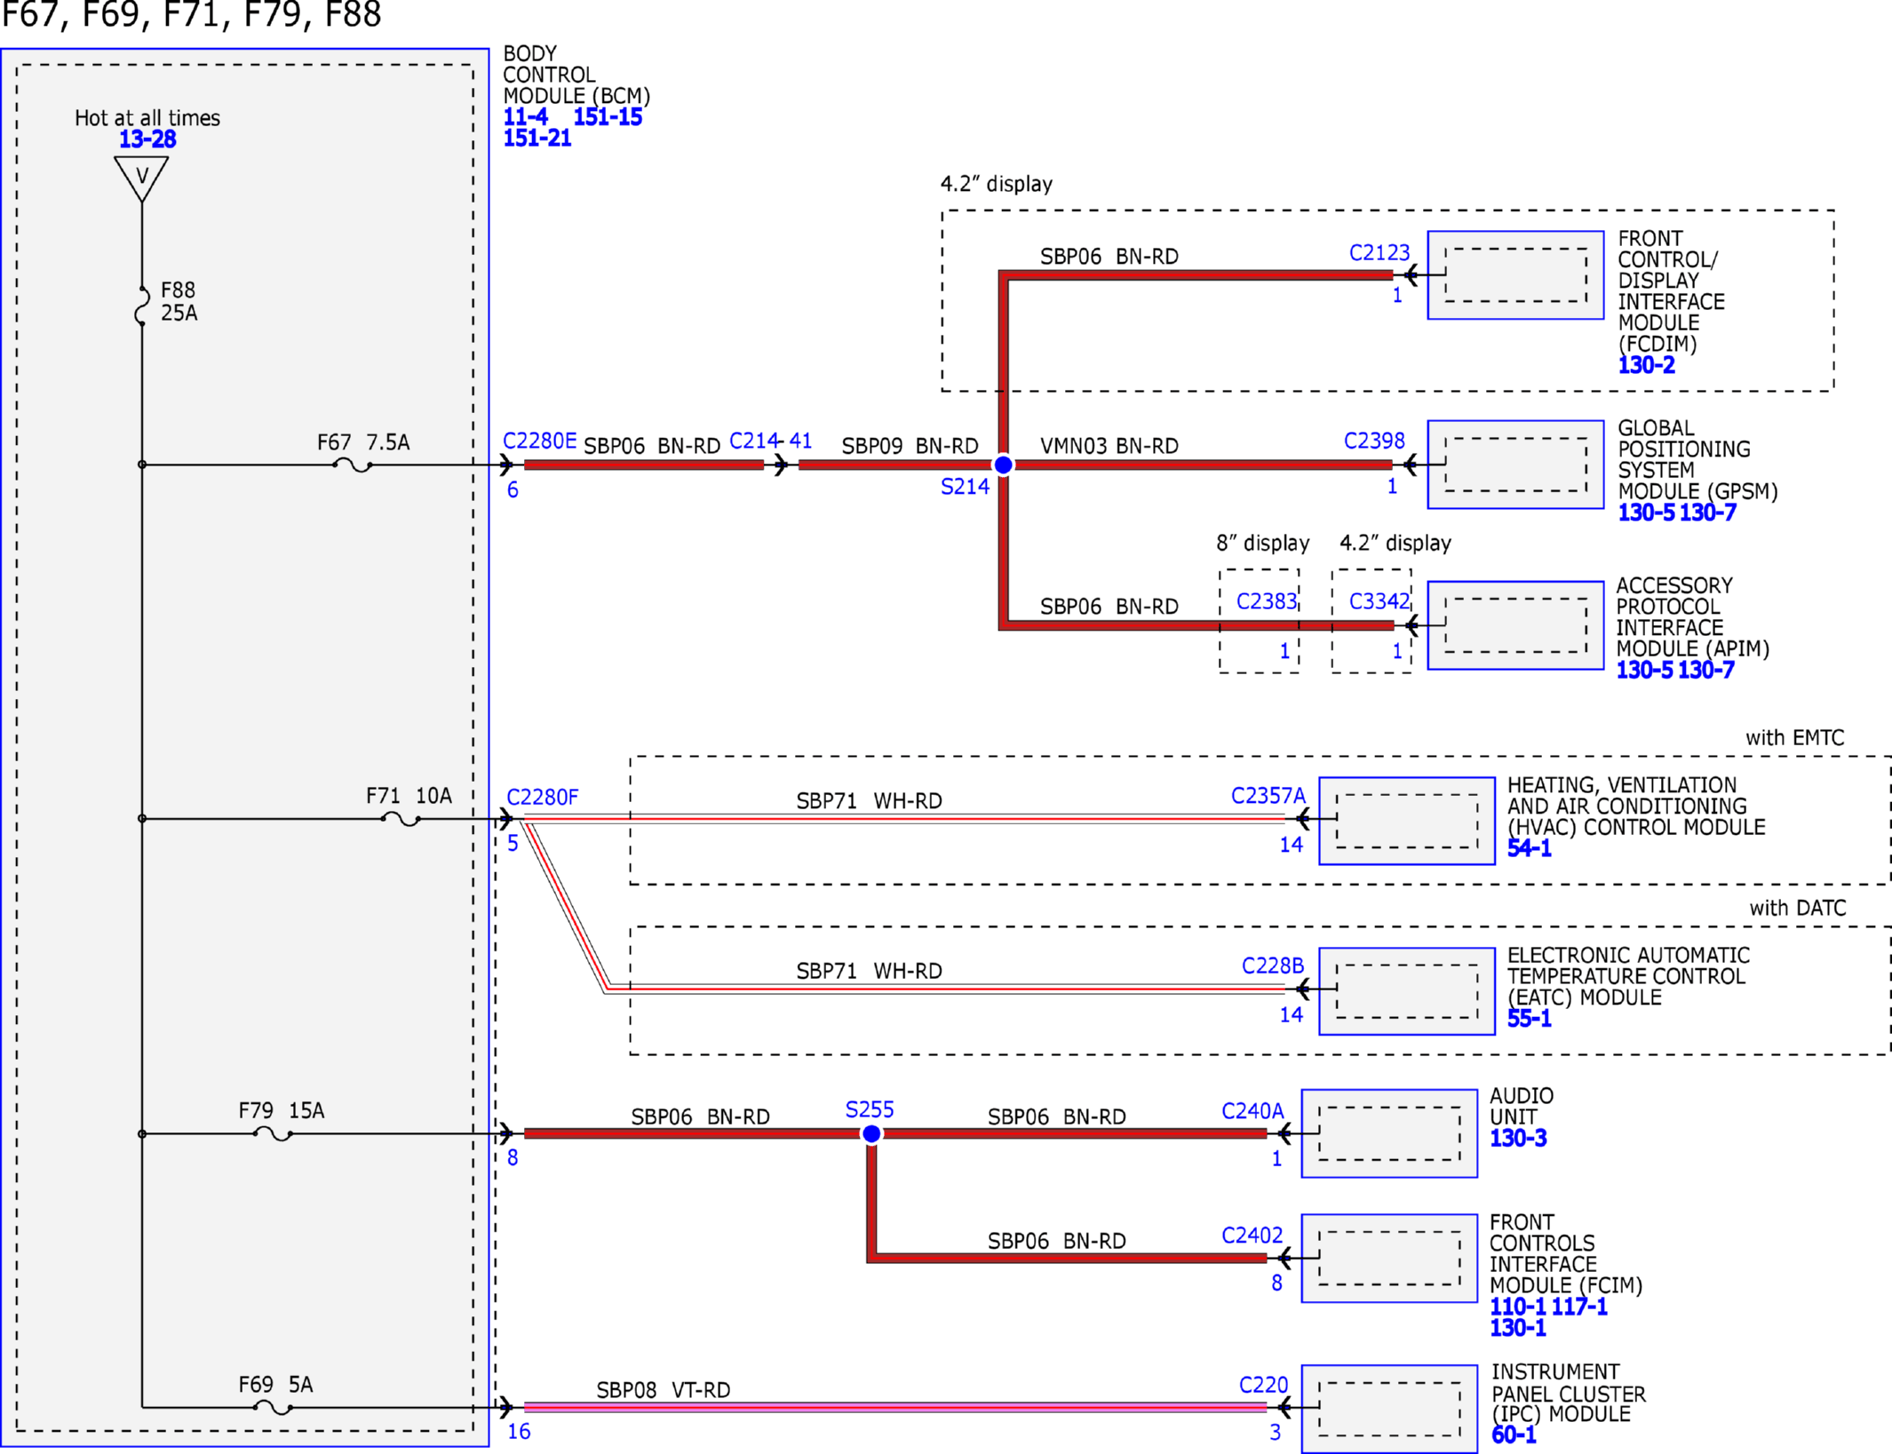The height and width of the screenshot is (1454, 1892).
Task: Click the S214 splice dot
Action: (x=1003, y=465)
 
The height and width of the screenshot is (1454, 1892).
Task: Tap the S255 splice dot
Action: (x=871, y=1133)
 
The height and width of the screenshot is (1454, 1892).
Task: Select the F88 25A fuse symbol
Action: (x=141, y=306)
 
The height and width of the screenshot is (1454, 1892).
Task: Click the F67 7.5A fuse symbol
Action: (x=353, y=465)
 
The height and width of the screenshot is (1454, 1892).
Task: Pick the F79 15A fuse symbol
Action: (x=273, y=1134)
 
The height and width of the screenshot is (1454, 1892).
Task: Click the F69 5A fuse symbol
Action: (x=273, y=1408)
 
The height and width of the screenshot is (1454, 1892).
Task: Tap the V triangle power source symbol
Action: (x=141, y=178)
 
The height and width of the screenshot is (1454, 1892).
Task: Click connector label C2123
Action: (x=1379, y=253)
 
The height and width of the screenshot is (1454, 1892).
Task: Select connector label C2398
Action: (x=1374, y=441)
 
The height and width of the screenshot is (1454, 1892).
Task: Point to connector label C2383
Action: (x=1267, y=602)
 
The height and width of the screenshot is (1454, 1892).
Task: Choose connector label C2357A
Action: (x=1268, y=796)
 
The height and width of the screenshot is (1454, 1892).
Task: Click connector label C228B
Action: (x=1273, y=966)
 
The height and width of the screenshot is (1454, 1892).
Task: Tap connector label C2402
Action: (x=1252, y=1236)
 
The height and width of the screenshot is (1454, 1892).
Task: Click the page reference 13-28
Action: (x=147, y=139)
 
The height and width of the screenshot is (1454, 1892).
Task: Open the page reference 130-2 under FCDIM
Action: (x=1646, y=365)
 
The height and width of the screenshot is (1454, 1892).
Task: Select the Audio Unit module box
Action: (x=1389, y=1133)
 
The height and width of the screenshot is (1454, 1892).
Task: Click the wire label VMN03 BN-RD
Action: (x=1109, y=446)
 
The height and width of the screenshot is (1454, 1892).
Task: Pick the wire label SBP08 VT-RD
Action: (x=664, y=1390)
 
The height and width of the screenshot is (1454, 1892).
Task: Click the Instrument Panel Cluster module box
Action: (x=1389, y=1409)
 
